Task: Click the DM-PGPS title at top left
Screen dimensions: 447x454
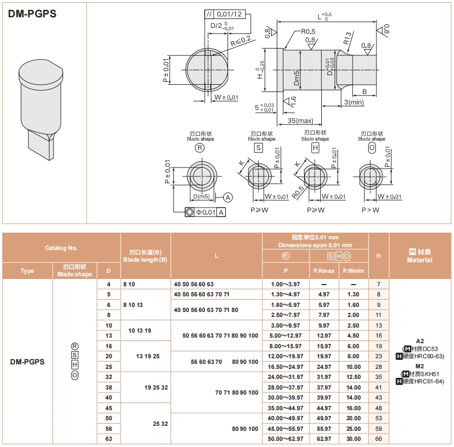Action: pos(32,14)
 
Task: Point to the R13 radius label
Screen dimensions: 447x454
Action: pos(347,39)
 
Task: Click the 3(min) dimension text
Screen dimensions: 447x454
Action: pos(354,102)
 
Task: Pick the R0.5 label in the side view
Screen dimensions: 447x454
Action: pos(308,31)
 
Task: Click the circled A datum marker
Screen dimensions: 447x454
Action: pos(228,196)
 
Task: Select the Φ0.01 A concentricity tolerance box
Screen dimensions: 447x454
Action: pos(206,212)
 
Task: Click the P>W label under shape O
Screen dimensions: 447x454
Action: pos(370,210)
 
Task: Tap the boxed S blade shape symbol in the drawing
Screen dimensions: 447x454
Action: pos(258,147)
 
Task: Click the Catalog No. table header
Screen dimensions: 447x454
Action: pos(61,248)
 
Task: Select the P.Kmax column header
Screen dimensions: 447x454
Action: pos(323,271)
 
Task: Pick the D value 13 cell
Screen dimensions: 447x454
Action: pos(108,335)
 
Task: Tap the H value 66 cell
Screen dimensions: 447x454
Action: pos(379,439)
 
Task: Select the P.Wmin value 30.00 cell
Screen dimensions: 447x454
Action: pos(353,439)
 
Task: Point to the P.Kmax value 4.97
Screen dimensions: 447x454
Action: pos(323,294)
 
